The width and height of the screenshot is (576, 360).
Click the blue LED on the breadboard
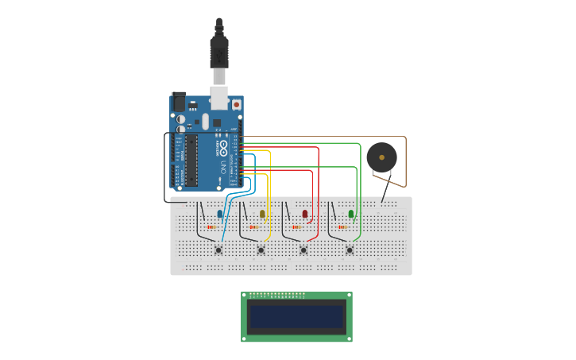220,213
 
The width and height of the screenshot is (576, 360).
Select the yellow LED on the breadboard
262,213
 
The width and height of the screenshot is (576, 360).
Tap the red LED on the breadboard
305,213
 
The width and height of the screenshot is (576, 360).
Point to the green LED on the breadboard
351,213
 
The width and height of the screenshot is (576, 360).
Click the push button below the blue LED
218,250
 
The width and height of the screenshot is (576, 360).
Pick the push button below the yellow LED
261,250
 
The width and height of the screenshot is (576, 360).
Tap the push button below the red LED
303,250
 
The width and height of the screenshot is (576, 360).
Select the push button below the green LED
350,250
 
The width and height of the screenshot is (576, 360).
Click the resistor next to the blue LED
211,227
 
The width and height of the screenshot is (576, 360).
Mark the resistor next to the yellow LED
253,227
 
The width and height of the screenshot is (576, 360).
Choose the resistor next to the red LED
296,227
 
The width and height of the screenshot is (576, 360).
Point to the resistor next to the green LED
342,227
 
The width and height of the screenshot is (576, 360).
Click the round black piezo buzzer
382,157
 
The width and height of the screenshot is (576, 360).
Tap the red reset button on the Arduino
236,104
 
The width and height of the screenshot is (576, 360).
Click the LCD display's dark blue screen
296,317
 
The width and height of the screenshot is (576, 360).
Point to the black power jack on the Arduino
179,102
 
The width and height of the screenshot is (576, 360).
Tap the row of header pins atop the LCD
277,296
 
